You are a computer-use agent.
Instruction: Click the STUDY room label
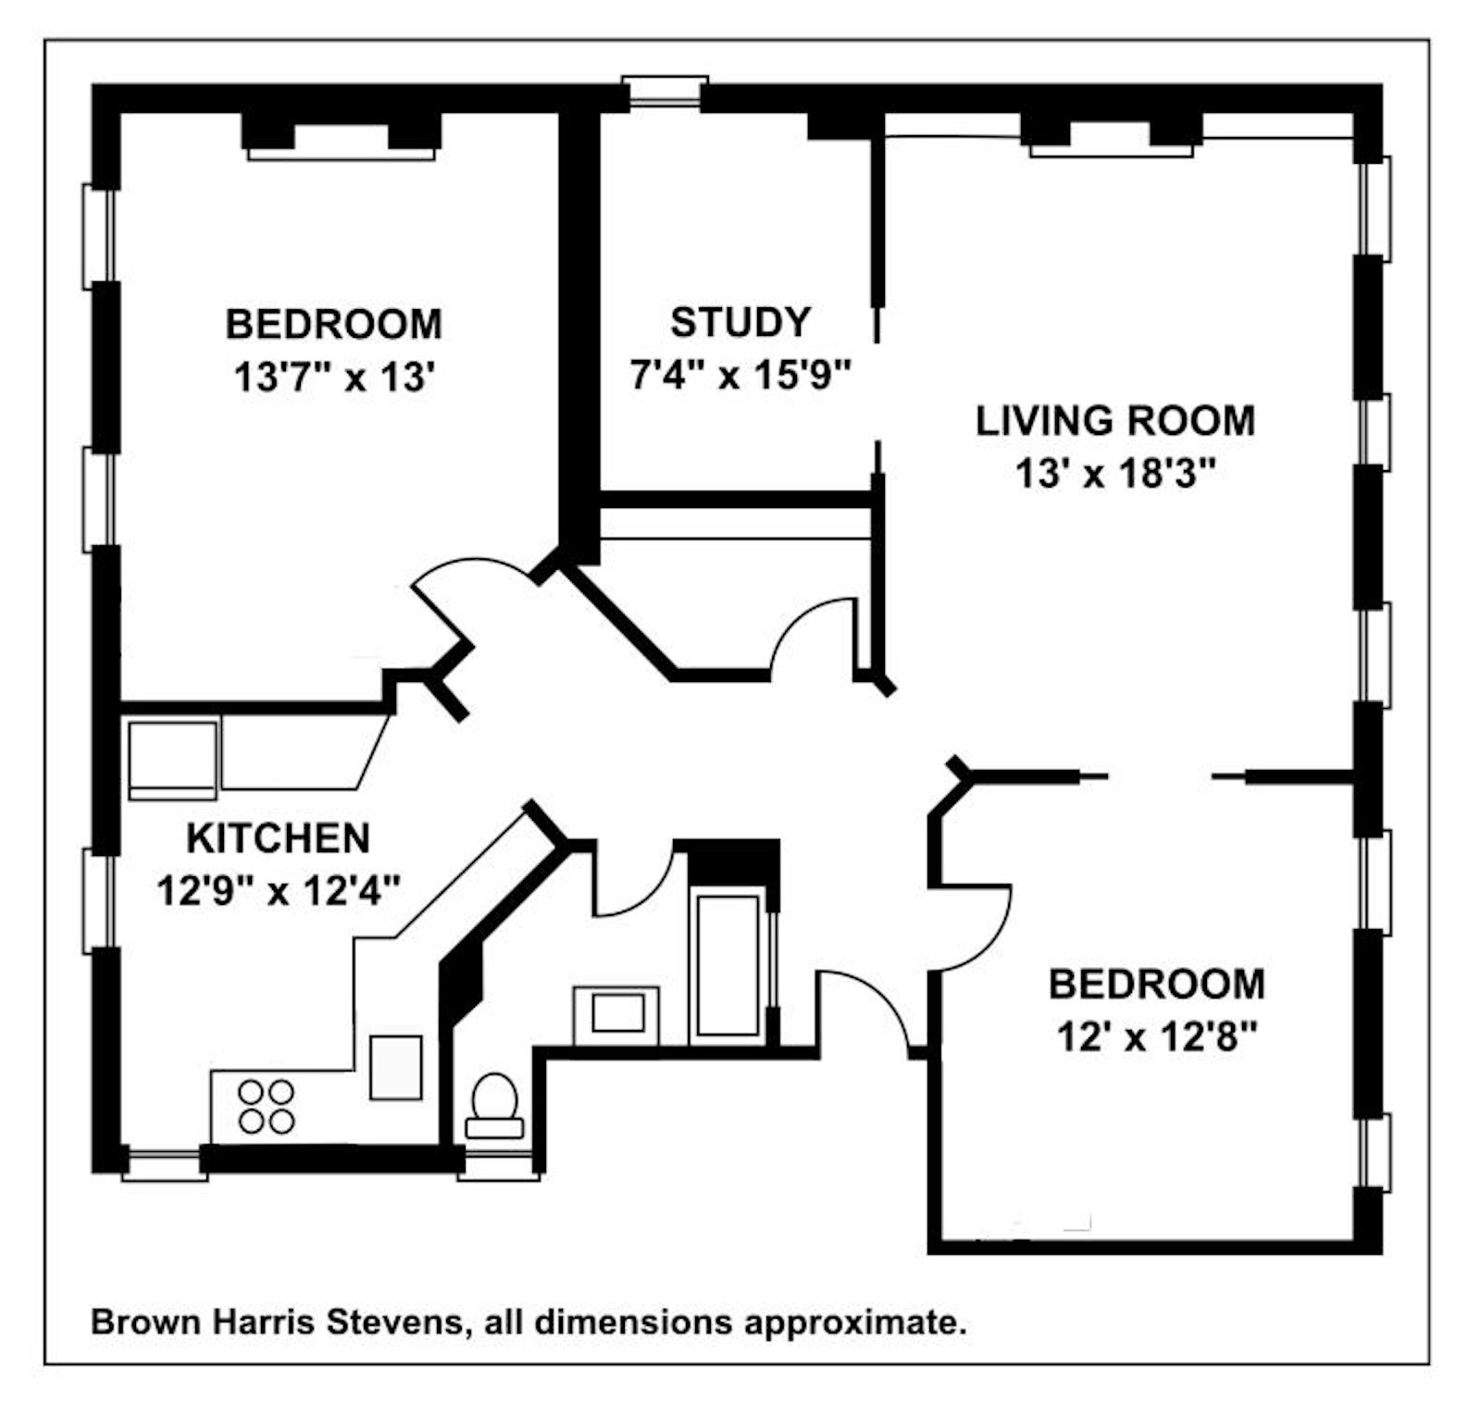(x=740, y=322)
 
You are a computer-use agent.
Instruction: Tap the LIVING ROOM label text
(x=1114, y=421)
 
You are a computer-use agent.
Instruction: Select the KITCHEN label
(x=278, y=838)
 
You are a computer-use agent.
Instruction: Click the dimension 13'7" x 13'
(x=334, y=378)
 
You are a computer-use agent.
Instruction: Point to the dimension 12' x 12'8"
(x=1156, y=1037)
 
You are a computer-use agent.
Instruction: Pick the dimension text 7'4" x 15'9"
(x=740, y=376)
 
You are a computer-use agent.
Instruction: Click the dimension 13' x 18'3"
(x=1114, y=475)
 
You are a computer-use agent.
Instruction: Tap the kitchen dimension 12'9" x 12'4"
(x=278, y=892)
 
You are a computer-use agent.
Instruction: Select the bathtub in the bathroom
(x=728, y=964)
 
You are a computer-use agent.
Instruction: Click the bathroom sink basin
(x=617, y=1013)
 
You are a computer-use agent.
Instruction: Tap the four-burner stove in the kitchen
(x=267, y=1107)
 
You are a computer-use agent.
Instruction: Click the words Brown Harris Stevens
(x=275, y=1321)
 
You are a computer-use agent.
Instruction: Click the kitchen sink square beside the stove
(x=395, y=1067)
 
